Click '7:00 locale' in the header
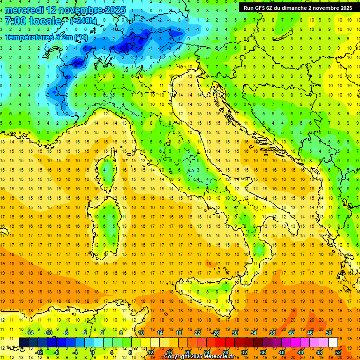pyautogui.click(x=33, y=22)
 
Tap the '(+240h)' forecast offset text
pyautogui.click(x=83, y=21)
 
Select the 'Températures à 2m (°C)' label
pyautogui.click(x=46, y=37)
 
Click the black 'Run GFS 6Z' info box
pyautogui.click(x=298, y=8)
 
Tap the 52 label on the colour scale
pyautogui.click(x=338, y=352)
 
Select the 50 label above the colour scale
pyautogui.click(x=329, y=333)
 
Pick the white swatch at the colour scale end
pyautogui.click(x=333, y=343)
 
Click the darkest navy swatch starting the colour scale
pyautogui.click(x=23, y=343)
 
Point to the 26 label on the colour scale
pyautogui.click(x=215, y=333)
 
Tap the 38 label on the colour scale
pyautogui.click(x=272, y=333)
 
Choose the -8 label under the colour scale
pyautogui.click(x=56, y=352)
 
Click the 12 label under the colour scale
pyautogui.click(x=150, y=352)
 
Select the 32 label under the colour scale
pyautogui.click(x=244, y=352)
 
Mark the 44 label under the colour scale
pyautogui.click(x=300, y=352)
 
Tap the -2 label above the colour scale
pyautogui.click(x=85, y=333)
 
